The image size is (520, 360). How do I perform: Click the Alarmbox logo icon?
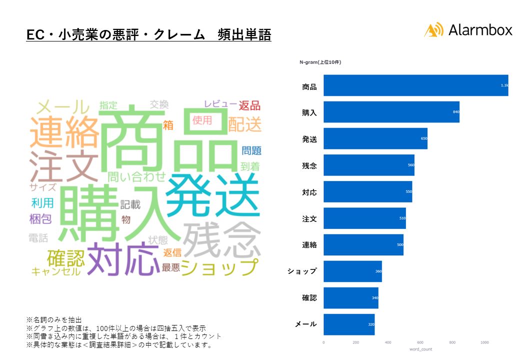433,30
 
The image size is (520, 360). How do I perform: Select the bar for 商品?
415,85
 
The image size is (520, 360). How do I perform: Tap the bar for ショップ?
352,271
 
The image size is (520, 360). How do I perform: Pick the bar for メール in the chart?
349,324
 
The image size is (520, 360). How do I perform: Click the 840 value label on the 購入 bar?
455,112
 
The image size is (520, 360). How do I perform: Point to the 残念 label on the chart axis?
309,165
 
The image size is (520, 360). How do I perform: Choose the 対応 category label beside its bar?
309,192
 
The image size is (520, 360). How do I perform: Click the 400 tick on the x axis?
388,342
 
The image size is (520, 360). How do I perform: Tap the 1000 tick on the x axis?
484,342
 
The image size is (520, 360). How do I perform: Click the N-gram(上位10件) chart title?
320,62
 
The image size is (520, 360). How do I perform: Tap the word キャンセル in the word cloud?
55,271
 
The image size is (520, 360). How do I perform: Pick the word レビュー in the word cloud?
219,104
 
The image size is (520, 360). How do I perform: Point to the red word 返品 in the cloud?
249,105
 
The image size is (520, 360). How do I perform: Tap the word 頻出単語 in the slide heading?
244,35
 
